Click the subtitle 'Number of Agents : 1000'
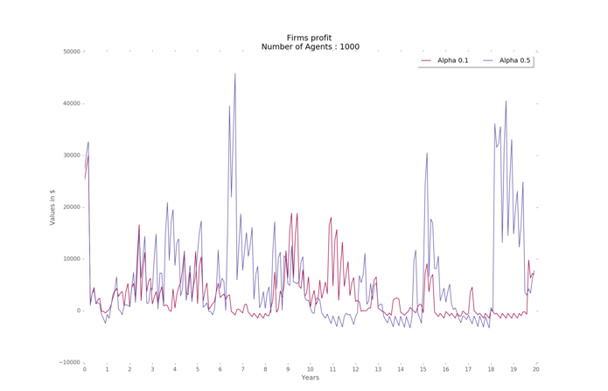(x=310, y=47)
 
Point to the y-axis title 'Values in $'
(x=52, y=206)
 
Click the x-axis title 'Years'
(x=310, y=378)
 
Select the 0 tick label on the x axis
(x=85, y=369)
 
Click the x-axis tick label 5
(x=198, y=369)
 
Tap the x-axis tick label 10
(x=310, y=369)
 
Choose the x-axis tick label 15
(x=423, y=369)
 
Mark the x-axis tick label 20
(x=535, y=369)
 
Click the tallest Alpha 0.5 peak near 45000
(x=234, y=74)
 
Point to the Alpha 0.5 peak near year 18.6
(x=506, y=101)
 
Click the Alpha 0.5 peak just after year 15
(x=427, y=153)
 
